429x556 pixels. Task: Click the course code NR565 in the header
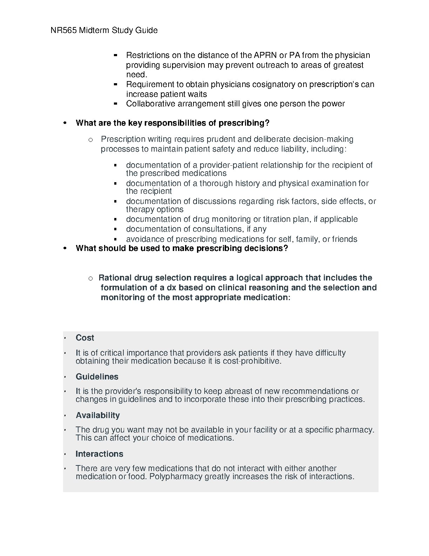(64, 31)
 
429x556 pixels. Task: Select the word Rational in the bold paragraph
(115, 278)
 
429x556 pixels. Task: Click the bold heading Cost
(85, 338)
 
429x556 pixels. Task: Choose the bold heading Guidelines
(97, 377)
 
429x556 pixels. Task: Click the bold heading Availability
(98, 416)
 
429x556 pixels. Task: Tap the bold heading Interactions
(100, 454)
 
